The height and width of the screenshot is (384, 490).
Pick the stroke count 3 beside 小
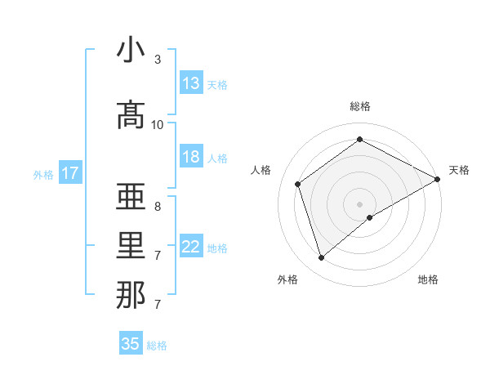[x=158, y=60]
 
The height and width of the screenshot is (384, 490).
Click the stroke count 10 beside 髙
[x=158, y=124]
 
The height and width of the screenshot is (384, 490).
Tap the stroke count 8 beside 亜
[x=158, y=207]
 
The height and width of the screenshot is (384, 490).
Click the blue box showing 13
[x=191, y=83]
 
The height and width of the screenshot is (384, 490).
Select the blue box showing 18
[x=191, y=157]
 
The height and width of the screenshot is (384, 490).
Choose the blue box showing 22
[x=191, y=247]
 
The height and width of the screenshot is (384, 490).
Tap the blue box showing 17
[x=69, y=173]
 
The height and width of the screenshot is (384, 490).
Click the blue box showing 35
[x=131, y=344]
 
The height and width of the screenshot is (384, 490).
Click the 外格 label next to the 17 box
[x=43, y=174]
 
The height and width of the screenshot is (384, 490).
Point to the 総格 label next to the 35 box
[x=157, y=346]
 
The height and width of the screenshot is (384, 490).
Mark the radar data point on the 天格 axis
[x=438, y=180]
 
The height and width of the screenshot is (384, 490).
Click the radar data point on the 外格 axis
[x=322, y=258]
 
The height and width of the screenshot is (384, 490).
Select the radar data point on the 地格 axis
[x=370, y=217]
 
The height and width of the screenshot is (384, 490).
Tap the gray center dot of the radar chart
[x=359, y=203]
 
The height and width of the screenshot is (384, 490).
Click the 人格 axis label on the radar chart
[x=261, y=170]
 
